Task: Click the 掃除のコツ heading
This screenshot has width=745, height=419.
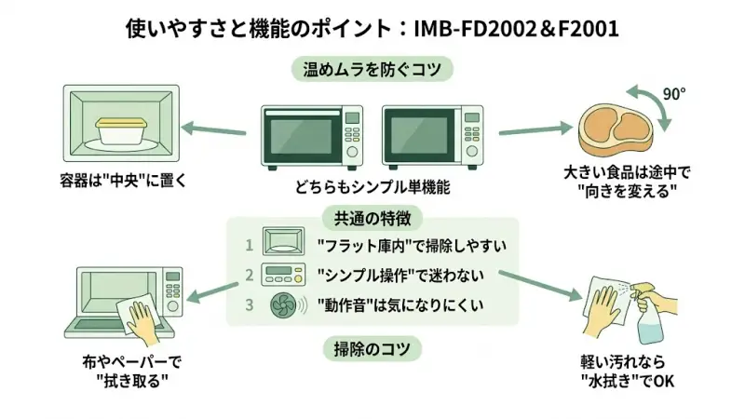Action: coord(372,350)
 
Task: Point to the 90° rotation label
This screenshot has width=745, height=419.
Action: coord(673,94)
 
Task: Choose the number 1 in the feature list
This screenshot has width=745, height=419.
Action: coord(250,246)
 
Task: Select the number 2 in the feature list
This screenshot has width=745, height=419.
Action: coord(250,275)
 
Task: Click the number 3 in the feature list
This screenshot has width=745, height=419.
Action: coord(250,304)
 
